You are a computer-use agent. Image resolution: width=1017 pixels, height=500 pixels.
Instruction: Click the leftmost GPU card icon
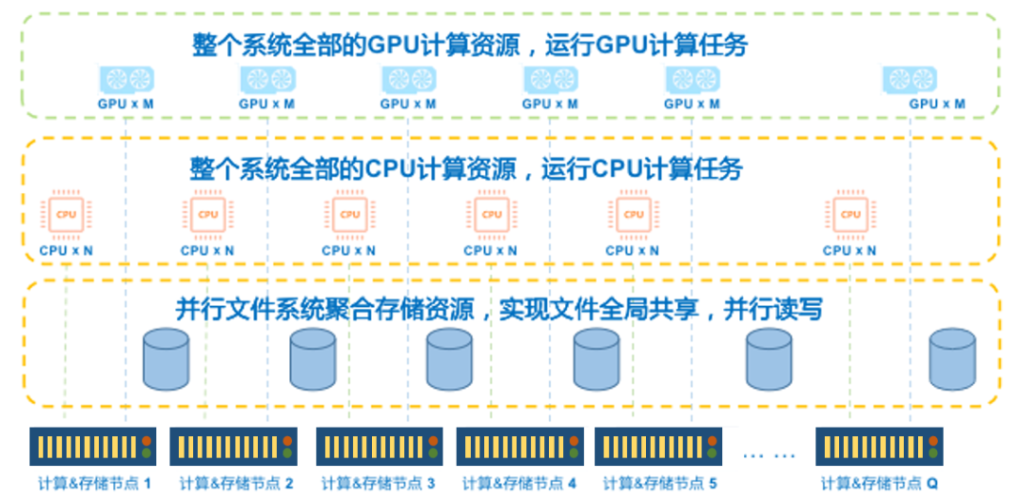click(126, 80)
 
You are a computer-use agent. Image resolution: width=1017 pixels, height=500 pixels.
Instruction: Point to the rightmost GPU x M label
click(937, 104)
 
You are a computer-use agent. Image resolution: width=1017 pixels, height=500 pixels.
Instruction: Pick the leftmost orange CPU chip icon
click(66, 215)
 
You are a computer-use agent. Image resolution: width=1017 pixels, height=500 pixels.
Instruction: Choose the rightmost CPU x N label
click(849, 250)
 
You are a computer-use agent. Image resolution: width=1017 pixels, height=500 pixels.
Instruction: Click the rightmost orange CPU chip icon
click(850, 215)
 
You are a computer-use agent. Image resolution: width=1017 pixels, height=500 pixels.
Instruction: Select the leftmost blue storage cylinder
click(165, 360)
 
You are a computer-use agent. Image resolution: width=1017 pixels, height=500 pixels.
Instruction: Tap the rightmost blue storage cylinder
click(952, 360)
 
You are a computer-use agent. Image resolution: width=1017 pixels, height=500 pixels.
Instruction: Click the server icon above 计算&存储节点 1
click(92, 446)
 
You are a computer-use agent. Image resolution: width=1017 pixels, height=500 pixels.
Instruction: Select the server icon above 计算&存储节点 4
click(520, 446)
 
